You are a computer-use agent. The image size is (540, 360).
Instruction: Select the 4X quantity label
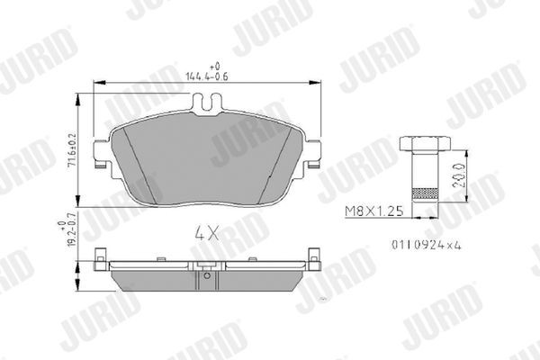tap(207, 232)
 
